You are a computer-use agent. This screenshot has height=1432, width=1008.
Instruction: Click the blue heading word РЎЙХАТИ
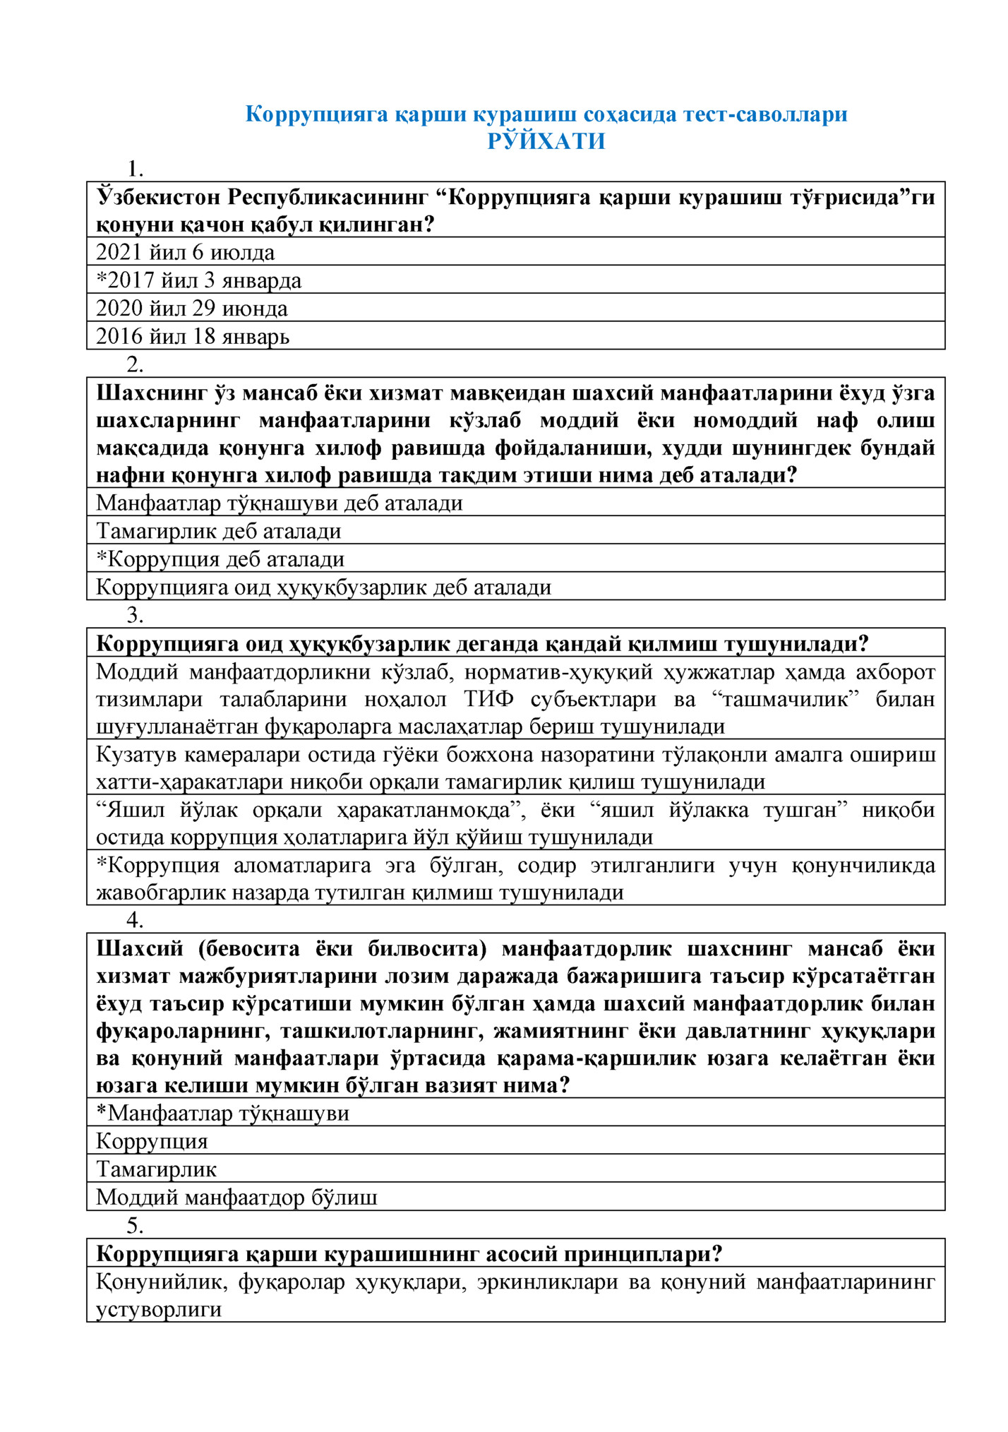tap(546, 141)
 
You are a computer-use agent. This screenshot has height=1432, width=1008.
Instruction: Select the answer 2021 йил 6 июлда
tap(185, 252)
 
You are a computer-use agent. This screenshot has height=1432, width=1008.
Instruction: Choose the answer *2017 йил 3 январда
tap(198, 280)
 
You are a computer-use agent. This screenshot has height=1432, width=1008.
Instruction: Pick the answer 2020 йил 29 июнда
tap(191, 309)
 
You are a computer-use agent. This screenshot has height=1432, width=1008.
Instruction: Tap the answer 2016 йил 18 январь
tap(192, 336)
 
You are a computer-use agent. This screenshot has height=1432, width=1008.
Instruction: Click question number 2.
tap(134, 364)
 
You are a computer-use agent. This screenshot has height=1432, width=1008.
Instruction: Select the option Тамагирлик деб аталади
tap(218, 531)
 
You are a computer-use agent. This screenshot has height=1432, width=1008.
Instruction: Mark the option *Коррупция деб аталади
tap(220, 559)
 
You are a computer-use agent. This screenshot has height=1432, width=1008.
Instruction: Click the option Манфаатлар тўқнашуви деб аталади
tap(279, 503)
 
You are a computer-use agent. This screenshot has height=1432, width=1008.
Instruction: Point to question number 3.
tap(134, 615)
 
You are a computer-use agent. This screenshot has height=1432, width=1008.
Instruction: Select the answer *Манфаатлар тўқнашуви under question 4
tap(222, 1114)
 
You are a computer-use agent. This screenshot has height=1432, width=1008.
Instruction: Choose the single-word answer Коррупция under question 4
tap(152, 1142)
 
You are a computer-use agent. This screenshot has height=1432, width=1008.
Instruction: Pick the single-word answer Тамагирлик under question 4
tap(156, 1169)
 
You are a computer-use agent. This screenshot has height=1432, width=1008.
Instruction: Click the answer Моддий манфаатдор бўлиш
tap(236, 1198)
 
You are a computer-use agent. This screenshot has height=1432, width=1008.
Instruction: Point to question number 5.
tap(134, 1225)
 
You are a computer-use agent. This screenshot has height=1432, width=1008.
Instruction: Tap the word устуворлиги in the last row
tap(159, 1309)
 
